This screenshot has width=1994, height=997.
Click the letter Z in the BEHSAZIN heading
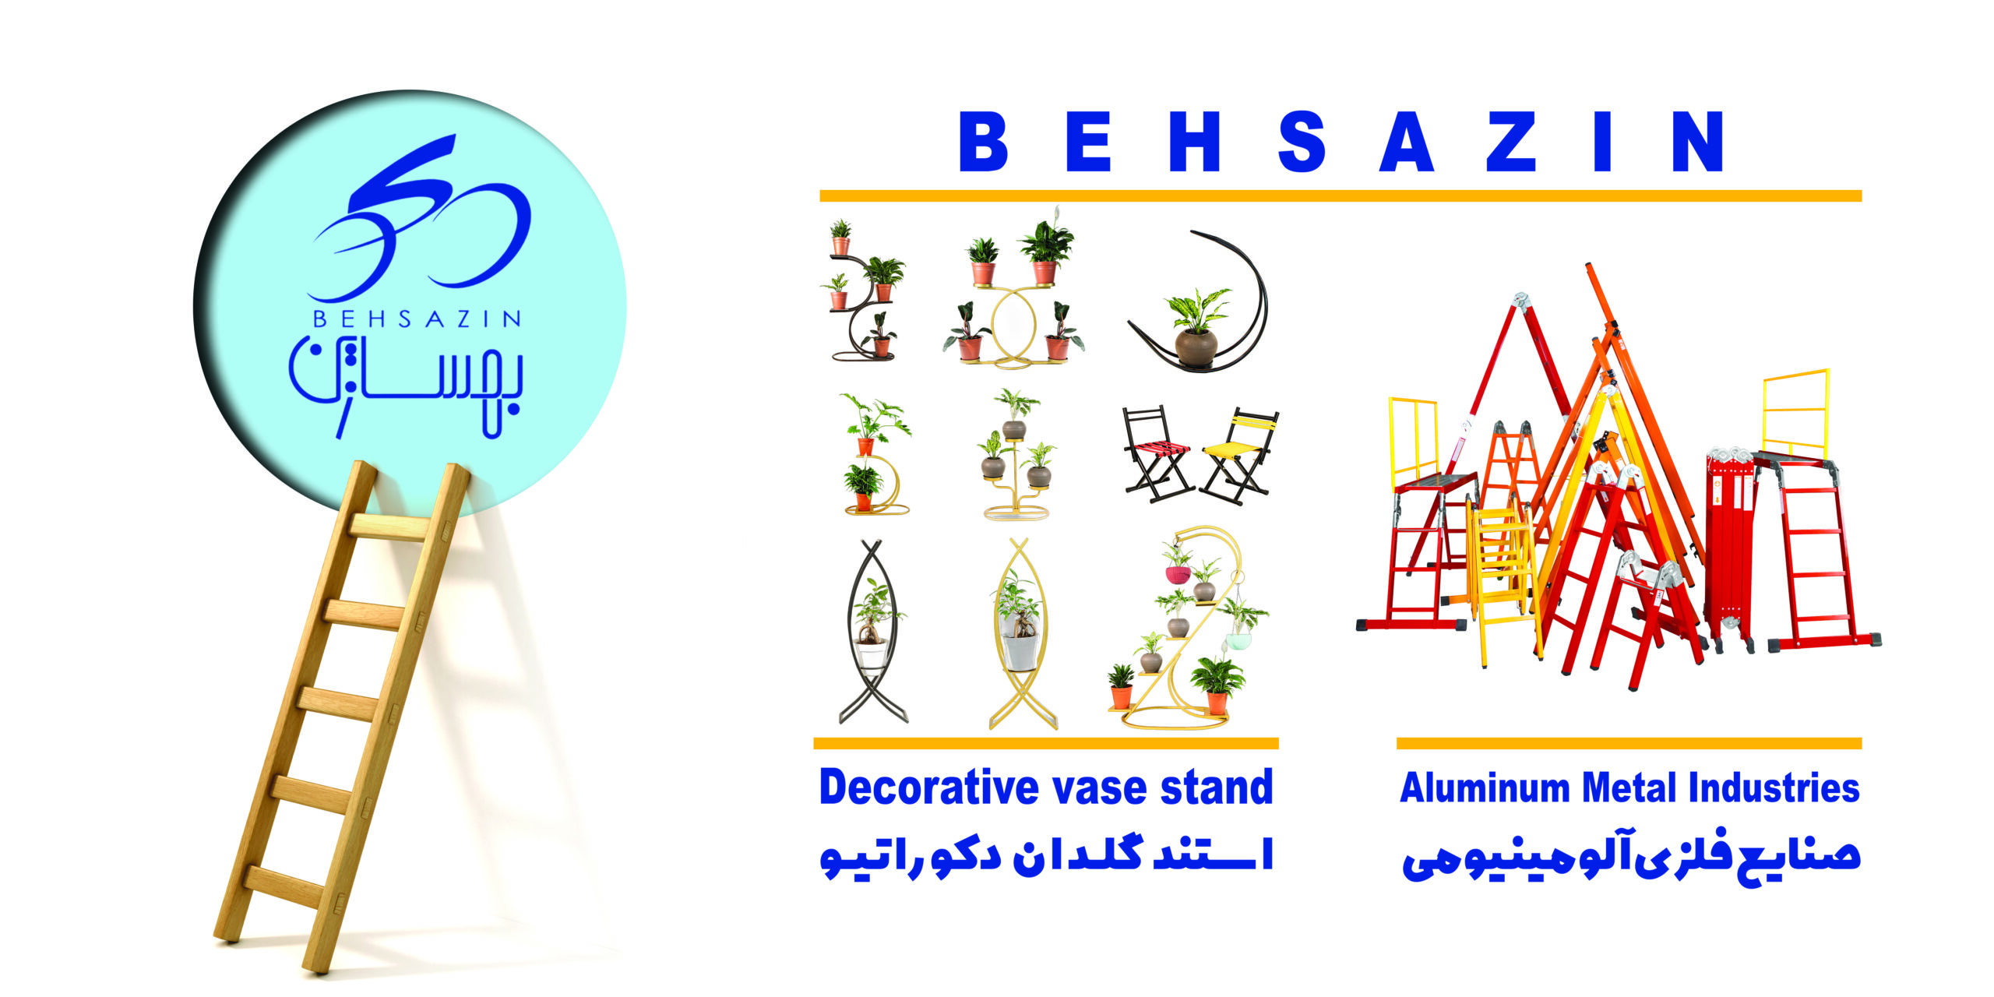coord(1510,141)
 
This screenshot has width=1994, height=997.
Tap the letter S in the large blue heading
coord(1302,141)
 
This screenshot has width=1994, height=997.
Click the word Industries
coord(1774,787)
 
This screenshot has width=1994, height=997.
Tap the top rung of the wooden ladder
coord(389,527)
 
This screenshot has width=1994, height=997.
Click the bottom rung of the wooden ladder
coord(284,887)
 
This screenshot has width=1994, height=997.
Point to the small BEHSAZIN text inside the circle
coord(417,319)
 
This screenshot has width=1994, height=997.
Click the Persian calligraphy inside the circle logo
coord(406,387)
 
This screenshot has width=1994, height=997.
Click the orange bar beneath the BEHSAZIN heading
coord(1340,196)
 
